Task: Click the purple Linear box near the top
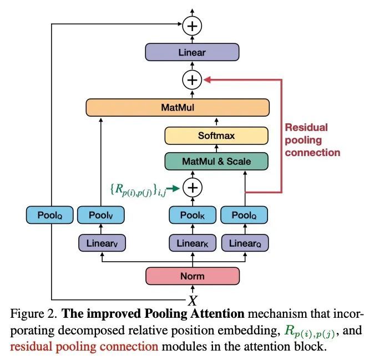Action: pyautogui.click(x=192, y=52)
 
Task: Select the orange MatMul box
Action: pyautogui.click(x=178, y=107)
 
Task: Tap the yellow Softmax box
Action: pyautogui.click(x=216, y=136)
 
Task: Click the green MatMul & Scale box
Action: pyautogui.click(x=216, y=161)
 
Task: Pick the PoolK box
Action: pyautogui.click(x=193, y=215)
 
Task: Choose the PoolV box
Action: pyautogui.click(x=100, y=215)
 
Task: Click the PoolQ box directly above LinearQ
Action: pyautogui.click(x=244, y=215)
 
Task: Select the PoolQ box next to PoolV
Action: pyautogui.click(x=49, y=215)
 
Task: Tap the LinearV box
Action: pyautogui.click(x=102, y=243)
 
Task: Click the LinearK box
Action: pyautogui.click(x=193, y=243)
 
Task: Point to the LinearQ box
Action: pyautogui.click(x=245, y=243)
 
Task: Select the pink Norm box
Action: pyautogui.click(x=193, y=276)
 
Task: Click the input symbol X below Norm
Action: pyautogui.click(x=193, y=301)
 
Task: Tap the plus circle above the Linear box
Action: pyautogui.click(x=192, y=26)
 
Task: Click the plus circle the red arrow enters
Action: pyautogui.click(x=192, y=80)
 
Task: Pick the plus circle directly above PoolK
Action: pyautogui.click(x=193, y=188)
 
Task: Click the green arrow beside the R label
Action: pyautogui.click(x=173, y=189)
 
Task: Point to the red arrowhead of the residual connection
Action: pyautogui.click(x=207, y=80)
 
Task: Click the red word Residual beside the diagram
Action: pyautogui.click(x=306, y=127)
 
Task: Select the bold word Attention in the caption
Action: pyautogui.click(x=217, y=314)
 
